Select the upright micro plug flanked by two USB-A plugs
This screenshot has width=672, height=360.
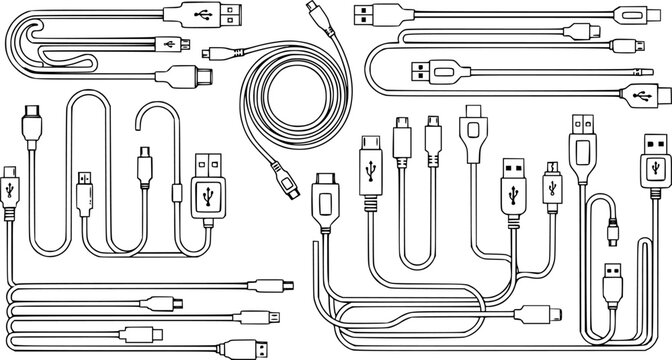coord(550,183)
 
